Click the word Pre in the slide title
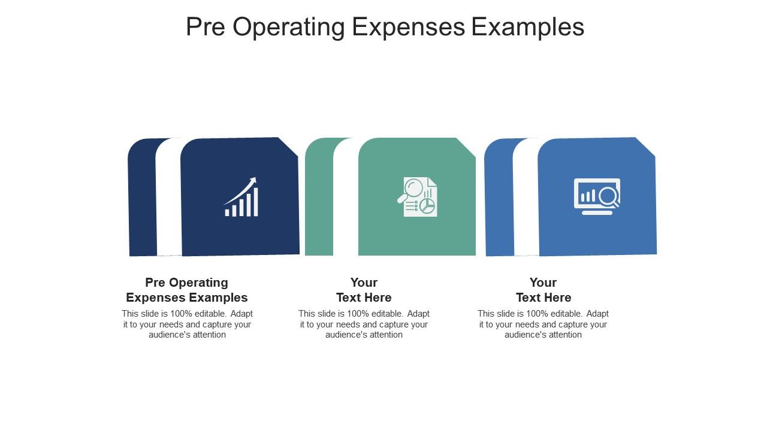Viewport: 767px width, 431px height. (x=205, y=27)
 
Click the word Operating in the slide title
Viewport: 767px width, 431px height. (x=288, y=27)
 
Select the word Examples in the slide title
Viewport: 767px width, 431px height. (x=527, y=27)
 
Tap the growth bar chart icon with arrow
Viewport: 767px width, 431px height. (x=241, y=197)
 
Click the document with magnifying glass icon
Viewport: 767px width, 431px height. (x=418, y=196)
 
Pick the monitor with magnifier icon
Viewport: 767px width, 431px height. (x=597, y=196)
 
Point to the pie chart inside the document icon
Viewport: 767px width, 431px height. (x=427, y=206)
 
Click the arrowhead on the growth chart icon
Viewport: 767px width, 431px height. (x=253, y=180)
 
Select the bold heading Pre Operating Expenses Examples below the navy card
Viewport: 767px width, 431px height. (x=187, y=290)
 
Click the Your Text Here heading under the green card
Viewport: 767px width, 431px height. (x=364, y=290)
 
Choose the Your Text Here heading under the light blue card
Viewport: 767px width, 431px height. (x=543, y=290)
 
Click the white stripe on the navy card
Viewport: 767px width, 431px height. (x=168, y=198)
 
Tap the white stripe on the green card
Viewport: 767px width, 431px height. (x=346, y=198)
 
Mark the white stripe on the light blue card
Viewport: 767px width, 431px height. (x=526, y=198)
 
